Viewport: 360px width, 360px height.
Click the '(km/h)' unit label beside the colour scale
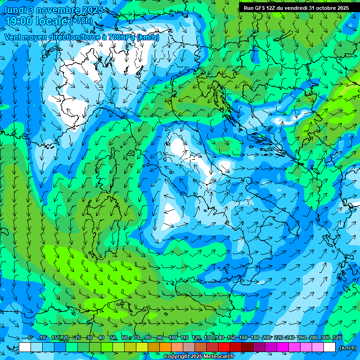click(x=347, y=348)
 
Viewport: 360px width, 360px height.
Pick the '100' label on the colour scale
click(x=173, y=338)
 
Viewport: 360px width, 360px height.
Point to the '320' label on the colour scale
click(x=337, y=338)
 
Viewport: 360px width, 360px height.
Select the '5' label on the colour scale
click(x=30, y=338)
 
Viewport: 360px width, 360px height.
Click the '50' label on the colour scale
click(x=113, y=338)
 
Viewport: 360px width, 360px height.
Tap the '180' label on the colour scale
click(x=255, y=338)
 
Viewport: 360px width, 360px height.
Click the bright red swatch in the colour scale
click(x=224, y=347)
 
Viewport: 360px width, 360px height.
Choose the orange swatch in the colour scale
click(x=165, y=347)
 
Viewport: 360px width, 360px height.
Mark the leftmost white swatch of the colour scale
click(x=25, y=347)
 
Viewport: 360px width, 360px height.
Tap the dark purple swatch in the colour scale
click(x=259, y=347)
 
